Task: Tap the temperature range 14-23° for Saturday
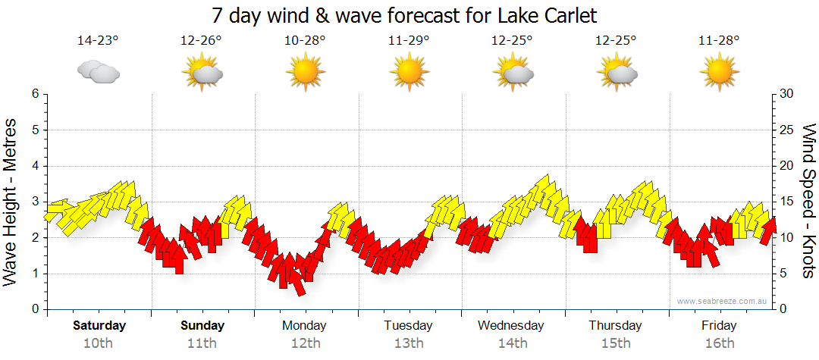pyautogui.click(x=99, y=42)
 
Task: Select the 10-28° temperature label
pyautogui.click(x=305, y=42)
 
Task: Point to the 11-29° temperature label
pyautogui.click(x=409, y=42)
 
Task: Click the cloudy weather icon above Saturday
pyautogui.click(x=99, y=73)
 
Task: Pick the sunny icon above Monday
pyautogui.click(x=305, y=73)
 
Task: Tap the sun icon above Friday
pyautogui.click(x=719, y=73)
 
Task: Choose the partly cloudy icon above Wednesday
pyautogui.click(x=512, y=73)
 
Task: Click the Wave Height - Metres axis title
pyautogui.click(x=11, y=202)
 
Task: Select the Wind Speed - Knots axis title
pyautogui.click(x=808, y=202)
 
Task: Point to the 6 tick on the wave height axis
pyautogui.click(x=34, y=94)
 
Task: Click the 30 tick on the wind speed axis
pyautogui.click(x=786, y=94)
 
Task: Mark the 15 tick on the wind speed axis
pyautogui.click(x=786, y=202)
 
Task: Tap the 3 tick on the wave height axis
pyautogui.click(x=34, y=202)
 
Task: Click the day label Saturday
pyautogui.click(x=99, y=326)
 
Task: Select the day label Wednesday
pyautogui.click(x=511, y=326)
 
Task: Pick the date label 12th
pyautogui.click(x=305, y=343)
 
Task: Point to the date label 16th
pyautogui.click(x=719, y=343)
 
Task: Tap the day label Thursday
pyautogui.click(x=615, y=326)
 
